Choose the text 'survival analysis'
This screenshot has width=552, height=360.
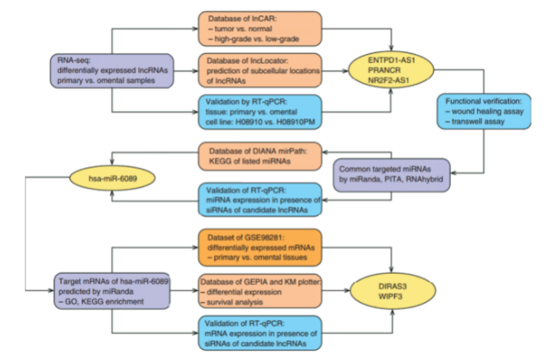(x=243, y=302)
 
